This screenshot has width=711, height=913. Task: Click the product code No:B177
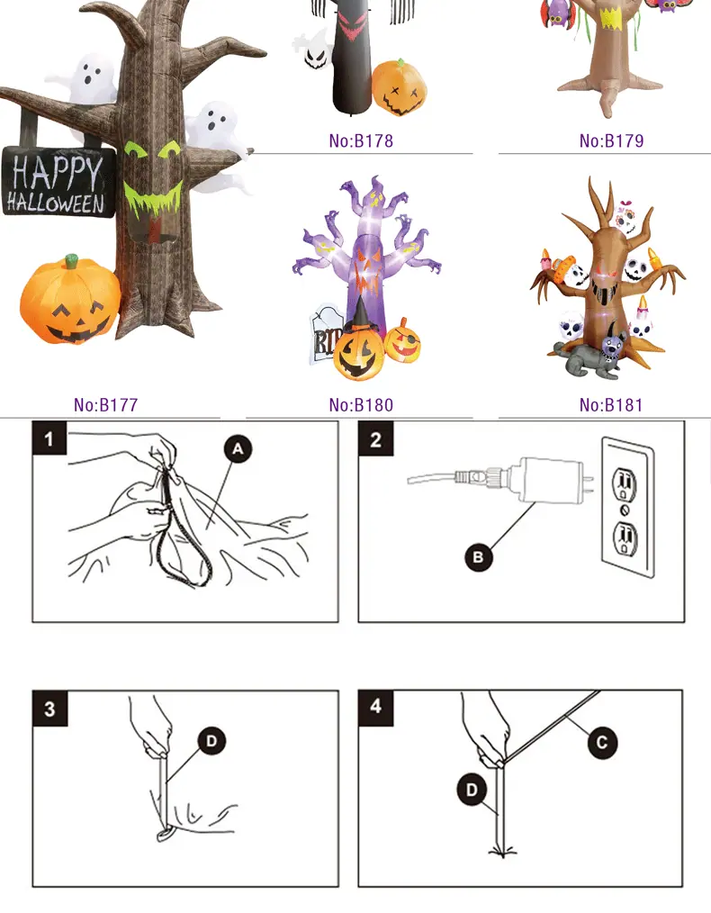coord(106,404)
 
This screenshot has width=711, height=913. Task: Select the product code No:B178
coord(361,140)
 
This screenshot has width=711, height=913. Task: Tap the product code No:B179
coord(611,140)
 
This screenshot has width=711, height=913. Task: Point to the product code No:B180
coord(361,404)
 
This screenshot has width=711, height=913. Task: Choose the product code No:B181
coord(611,404)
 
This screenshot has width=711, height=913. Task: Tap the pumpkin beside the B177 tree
coord(70,301)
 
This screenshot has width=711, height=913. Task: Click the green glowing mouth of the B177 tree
coord(153,198)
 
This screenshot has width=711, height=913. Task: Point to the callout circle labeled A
coord(238,449)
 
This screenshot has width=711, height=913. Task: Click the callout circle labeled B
coord(478,557)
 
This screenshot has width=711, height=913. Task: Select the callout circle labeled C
coord(602,743)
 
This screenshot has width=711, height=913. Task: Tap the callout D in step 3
coord(211,741)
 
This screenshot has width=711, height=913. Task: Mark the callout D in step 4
coord(472,791)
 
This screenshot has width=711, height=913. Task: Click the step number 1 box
coord(49,438)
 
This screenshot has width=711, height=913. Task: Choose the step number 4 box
coord(376,708)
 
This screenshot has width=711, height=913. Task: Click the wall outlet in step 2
coord(628,507)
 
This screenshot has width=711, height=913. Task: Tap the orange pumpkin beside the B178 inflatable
coord(399,87)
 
